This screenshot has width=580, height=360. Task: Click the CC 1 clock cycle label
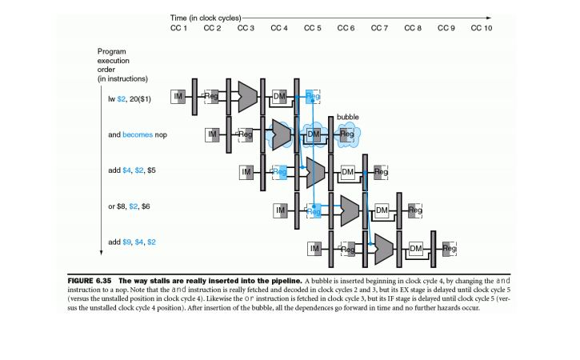point(178,29)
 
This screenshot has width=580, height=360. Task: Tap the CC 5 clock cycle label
point(313,29)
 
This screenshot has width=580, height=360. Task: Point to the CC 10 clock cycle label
point(482,29)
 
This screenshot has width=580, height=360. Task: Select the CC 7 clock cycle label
point(380,29)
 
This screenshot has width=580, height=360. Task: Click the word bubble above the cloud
point(347,117)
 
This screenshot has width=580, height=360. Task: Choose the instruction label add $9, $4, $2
point(129,242)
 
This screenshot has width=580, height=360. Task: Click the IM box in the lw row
point(179,97)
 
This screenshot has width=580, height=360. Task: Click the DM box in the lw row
point(280,97)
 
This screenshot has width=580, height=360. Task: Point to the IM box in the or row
point(280,210)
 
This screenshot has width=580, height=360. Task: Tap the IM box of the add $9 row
point(314,249)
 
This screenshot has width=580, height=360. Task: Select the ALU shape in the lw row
point(246,97)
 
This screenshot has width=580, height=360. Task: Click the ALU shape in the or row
point(347,210)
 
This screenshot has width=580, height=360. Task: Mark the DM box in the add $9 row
point(414,249)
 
